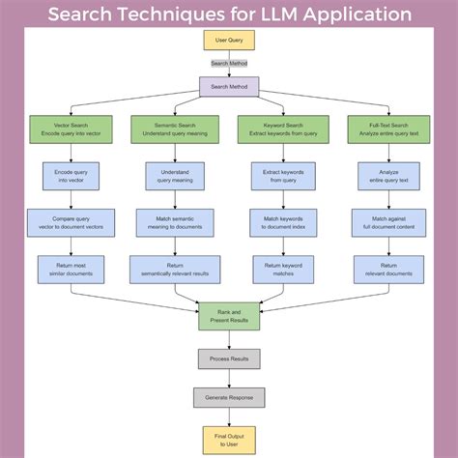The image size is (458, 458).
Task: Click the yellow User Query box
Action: [229, 42]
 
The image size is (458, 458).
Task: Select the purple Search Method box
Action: [229, 87]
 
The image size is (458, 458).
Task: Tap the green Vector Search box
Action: [71, 129]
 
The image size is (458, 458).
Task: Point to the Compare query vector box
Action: [71, 223]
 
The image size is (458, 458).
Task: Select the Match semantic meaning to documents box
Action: [175, 223]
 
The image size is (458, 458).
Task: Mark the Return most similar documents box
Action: [71, 270]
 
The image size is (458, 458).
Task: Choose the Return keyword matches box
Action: [284, 270]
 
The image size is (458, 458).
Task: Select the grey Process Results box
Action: [229, 358]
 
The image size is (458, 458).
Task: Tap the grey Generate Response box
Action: [229, 397]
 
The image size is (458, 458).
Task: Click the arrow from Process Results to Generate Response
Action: [229, 378]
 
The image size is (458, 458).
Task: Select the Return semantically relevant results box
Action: [175, 270]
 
